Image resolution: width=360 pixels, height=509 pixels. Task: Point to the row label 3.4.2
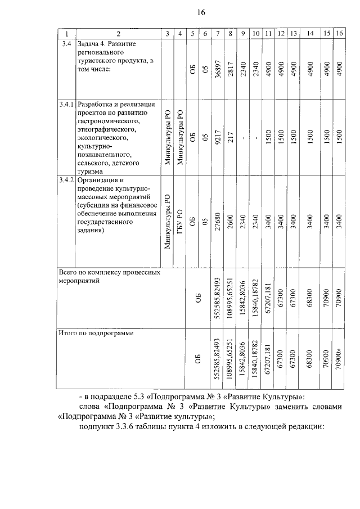(x=66, y=180)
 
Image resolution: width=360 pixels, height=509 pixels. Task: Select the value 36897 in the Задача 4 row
(x=218, y=70)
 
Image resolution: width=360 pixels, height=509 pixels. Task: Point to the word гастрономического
(x=109, y=120)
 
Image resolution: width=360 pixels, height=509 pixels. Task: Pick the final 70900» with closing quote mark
(x=339, y=360)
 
